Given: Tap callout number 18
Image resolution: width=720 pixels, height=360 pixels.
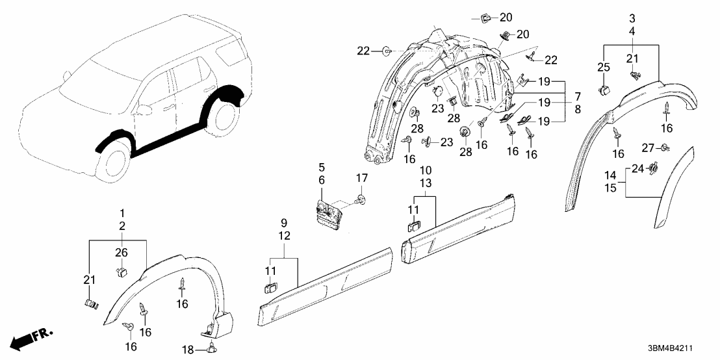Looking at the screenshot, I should pyautogui.click(x=187, y=350).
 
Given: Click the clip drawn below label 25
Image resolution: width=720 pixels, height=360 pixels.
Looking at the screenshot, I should pyautogui.click(x=605, y=88).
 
